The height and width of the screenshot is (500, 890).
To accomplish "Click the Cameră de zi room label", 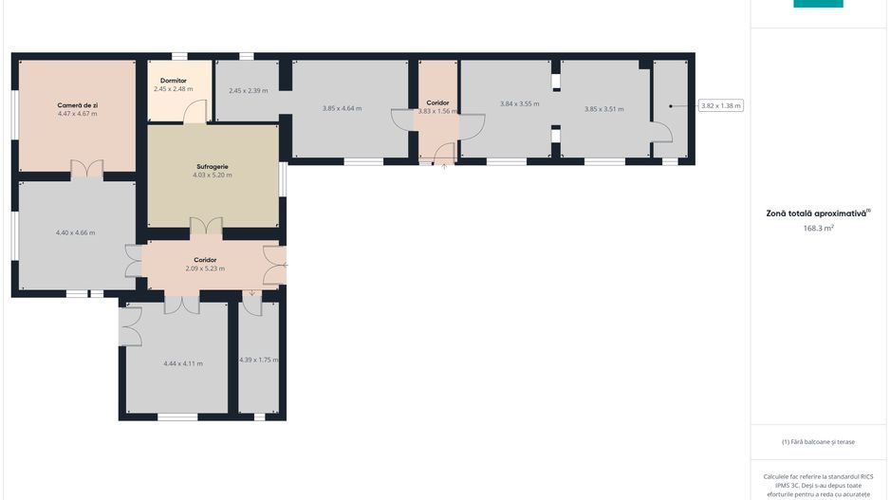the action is pos(77,105).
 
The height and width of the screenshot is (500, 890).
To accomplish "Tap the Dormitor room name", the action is pos(173,81).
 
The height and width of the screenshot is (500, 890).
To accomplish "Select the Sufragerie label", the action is pos(213,167).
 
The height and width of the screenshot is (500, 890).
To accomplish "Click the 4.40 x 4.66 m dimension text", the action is pos(76,232).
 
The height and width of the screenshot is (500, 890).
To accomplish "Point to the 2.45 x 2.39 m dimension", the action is pos(249,91).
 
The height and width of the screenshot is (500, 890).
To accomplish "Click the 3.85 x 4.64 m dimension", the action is pos(343,108).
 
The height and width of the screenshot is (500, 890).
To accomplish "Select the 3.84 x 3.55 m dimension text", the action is pos(520,103).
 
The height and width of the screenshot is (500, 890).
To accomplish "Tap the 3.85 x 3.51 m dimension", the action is pos(603,109).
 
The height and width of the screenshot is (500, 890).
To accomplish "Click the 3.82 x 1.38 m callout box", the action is pos(721,105).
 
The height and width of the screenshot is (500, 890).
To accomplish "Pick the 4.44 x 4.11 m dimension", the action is pos(183,363).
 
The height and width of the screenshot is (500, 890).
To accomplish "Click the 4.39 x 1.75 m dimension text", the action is pos(259,360).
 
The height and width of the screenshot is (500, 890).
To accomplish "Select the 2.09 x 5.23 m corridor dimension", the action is pos(205,269).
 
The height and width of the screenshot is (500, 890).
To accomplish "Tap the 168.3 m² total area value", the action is pos(818,228).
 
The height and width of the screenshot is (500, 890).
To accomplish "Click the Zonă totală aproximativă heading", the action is pos(818,213).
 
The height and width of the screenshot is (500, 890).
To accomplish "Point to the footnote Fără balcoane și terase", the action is pos(818,441).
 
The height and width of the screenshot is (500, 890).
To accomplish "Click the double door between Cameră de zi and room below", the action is pos(87,169).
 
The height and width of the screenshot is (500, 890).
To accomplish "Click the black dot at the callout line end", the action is pos(670,106).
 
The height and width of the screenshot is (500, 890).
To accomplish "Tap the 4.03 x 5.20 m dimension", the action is pos(213,176).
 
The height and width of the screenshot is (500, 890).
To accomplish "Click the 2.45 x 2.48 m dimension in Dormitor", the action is pos(173,89).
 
